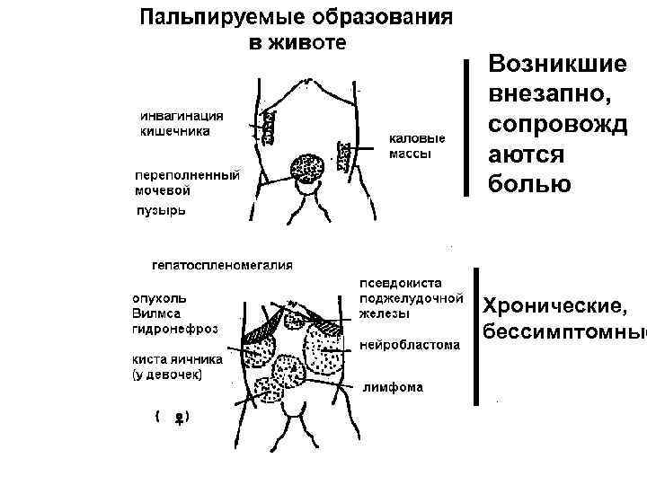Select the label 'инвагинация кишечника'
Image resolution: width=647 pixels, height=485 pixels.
pos(181,123)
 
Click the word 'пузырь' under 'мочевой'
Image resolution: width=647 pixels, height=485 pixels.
pos(161,210)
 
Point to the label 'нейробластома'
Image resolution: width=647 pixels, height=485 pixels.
pos(409,344)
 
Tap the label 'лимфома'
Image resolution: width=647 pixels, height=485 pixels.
pos(393,387)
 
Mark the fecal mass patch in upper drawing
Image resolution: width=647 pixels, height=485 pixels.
pos(341,154)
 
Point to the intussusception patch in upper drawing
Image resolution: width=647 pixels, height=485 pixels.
pos(268,125)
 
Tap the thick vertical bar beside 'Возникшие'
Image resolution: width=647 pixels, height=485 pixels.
pos(465,126)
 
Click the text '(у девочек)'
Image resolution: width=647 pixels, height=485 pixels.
pos(167,373)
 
